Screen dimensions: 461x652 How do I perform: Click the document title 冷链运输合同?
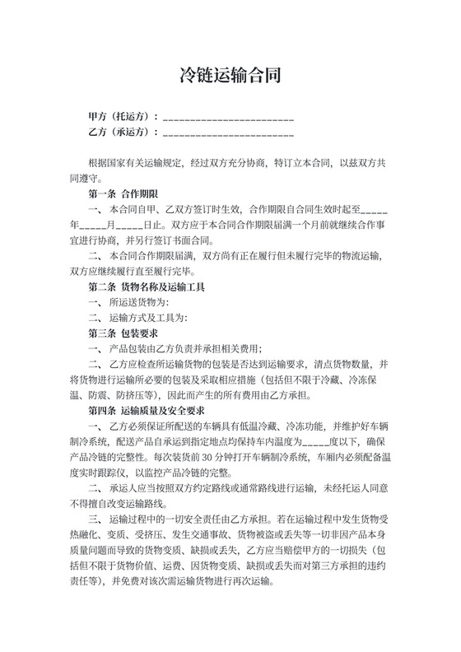230,77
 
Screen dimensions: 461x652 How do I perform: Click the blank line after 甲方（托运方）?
230,116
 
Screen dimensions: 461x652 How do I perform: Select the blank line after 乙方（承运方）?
230,132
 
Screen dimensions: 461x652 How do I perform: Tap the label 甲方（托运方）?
122,115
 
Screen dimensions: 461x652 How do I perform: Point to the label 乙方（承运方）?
122,131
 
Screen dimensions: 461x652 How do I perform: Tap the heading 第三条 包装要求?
123,333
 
